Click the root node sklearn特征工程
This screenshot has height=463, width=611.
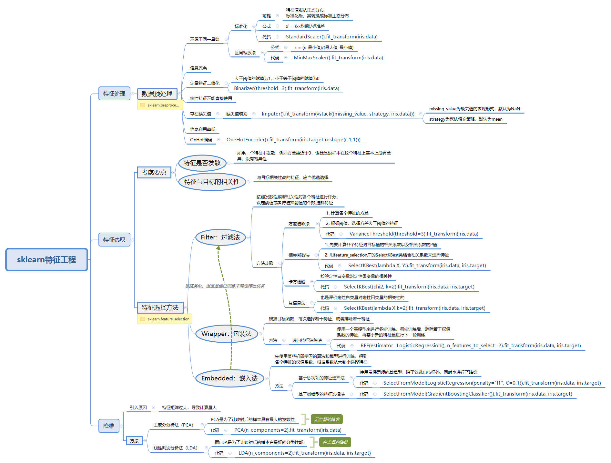[x=46, y=260]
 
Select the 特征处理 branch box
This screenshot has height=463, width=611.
[x=114, y=94]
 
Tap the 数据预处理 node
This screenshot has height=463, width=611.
[x=157, y=94]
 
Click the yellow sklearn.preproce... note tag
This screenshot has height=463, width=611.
[x=160, y=105]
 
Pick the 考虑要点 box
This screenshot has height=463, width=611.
[x=154, y=172]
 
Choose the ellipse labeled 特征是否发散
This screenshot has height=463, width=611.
[x=202, y=163]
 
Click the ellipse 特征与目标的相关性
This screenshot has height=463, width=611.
[x=212, y=182]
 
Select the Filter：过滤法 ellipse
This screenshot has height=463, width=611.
[x=220, y=237]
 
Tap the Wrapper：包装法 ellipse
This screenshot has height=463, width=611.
[x=226, y=334]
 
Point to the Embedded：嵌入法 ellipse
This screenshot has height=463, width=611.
[x=229, y=378]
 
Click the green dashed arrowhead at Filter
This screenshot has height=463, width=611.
[x=219, y=248]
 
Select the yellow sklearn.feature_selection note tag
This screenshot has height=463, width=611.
[x=165, y=319]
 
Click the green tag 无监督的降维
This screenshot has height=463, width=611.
[x=327, y=419]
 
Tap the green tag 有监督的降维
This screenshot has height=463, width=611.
[x=335, y=442]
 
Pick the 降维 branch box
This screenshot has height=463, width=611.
[x=109, y=426]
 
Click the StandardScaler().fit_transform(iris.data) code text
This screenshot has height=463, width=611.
[x=331, y=37]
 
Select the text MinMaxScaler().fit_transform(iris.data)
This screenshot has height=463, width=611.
[x=338, y=58]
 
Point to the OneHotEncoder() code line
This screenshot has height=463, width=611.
[x=293, y=140]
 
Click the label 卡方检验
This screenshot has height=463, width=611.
[x=297, y=282]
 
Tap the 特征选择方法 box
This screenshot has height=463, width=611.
[x=160, y=307]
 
